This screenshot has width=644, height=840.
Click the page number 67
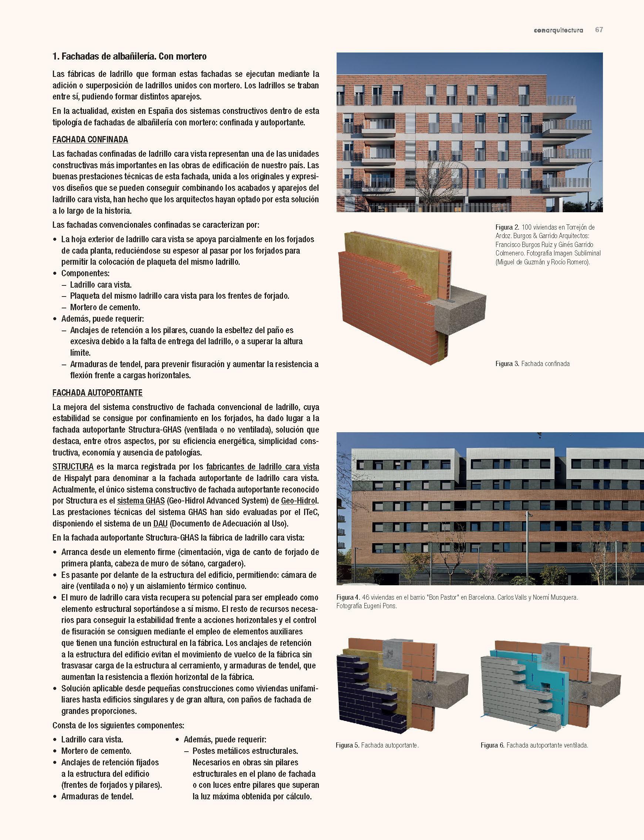pos(599,30)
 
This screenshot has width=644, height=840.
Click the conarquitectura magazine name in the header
pos(558,30)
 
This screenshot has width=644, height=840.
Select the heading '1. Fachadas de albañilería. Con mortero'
pos(129,57)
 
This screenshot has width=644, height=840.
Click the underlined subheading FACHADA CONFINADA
pos(90,139)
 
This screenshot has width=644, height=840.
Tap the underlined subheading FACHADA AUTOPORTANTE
pos(97,393)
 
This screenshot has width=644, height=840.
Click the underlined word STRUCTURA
pos(73,467)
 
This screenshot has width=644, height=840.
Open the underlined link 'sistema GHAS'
pos(141,501)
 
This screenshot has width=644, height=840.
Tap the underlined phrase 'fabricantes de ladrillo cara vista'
pos(263,467)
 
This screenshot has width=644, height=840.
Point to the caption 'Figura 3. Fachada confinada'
pos(532,363)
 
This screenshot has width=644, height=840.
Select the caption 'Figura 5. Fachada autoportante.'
pos(377,745)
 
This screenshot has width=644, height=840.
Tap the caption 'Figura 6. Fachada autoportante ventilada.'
pos(534,745)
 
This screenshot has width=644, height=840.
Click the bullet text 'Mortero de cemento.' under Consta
pos(96,751)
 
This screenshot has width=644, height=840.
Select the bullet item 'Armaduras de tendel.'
pos(97,796)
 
